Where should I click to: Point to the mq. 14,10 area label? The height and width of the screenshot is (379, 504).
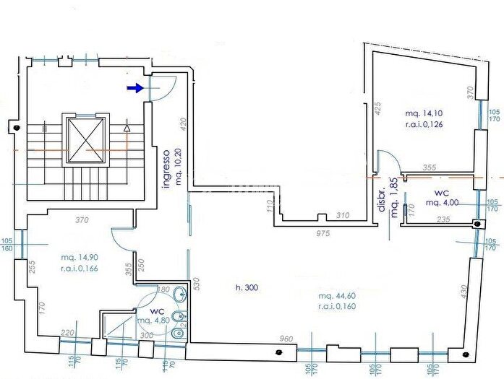pyautogui.click(x=424, y=114)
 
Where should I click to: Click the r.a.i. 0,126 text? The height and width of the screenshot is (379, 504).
pyautogui.click(x=424, y=125)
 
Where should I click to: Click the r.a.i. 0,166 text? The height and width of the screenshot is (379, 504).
pyautogui.click(x=80, y=269)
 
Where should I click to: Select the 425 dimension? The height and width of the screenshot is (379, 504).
pyautogui.click(x=377, y=109)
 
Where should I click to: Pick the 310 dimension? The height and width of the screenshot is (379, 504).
pyautogui.click(x=343, y=215)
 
